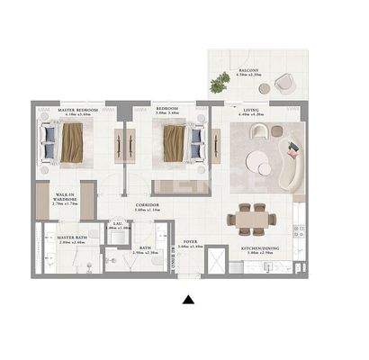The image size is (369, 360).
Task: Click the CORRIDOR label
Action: (148, 206)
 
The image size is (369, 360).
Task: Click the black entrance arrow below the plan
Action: (187, 300)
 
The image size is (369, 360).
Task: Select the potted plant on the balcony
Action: (220, 83)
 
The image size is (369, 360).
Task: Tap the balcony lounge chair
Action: (284, 83)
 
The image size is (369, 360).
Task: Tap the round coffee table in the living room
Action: (258, 164)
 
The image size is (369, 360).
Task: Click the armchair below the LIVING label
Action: (257, 131)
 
